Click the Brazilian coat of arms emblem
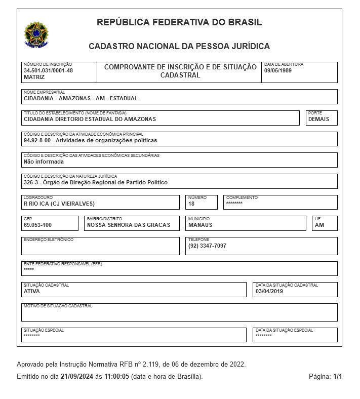point(36,34)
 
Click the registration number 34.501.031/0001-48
point(48,70)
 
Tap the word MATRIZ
point(34,77)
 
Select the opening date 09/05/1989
point(278,70)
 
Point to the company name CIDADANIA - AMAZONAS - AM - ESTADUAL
point(81,98)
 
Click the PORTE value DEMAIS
point(318,119)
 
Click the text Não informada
point(44,162)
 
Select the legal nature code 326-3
point(31,182)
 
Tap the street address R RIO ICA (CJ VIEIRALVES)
point(60,204)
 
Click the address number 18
point(191,204)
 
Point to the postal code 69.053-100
point(37,225)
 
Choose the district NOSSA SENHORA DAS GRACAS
point(129,225)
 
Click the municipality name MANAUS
point(200,225)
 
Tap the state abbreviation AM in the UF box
point(319,225)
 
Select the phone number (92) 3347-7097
point(207,246)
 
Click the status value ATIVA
point(32,291)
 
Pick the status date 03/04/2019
point(269,291)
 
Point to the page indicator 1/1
point(338,377)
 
